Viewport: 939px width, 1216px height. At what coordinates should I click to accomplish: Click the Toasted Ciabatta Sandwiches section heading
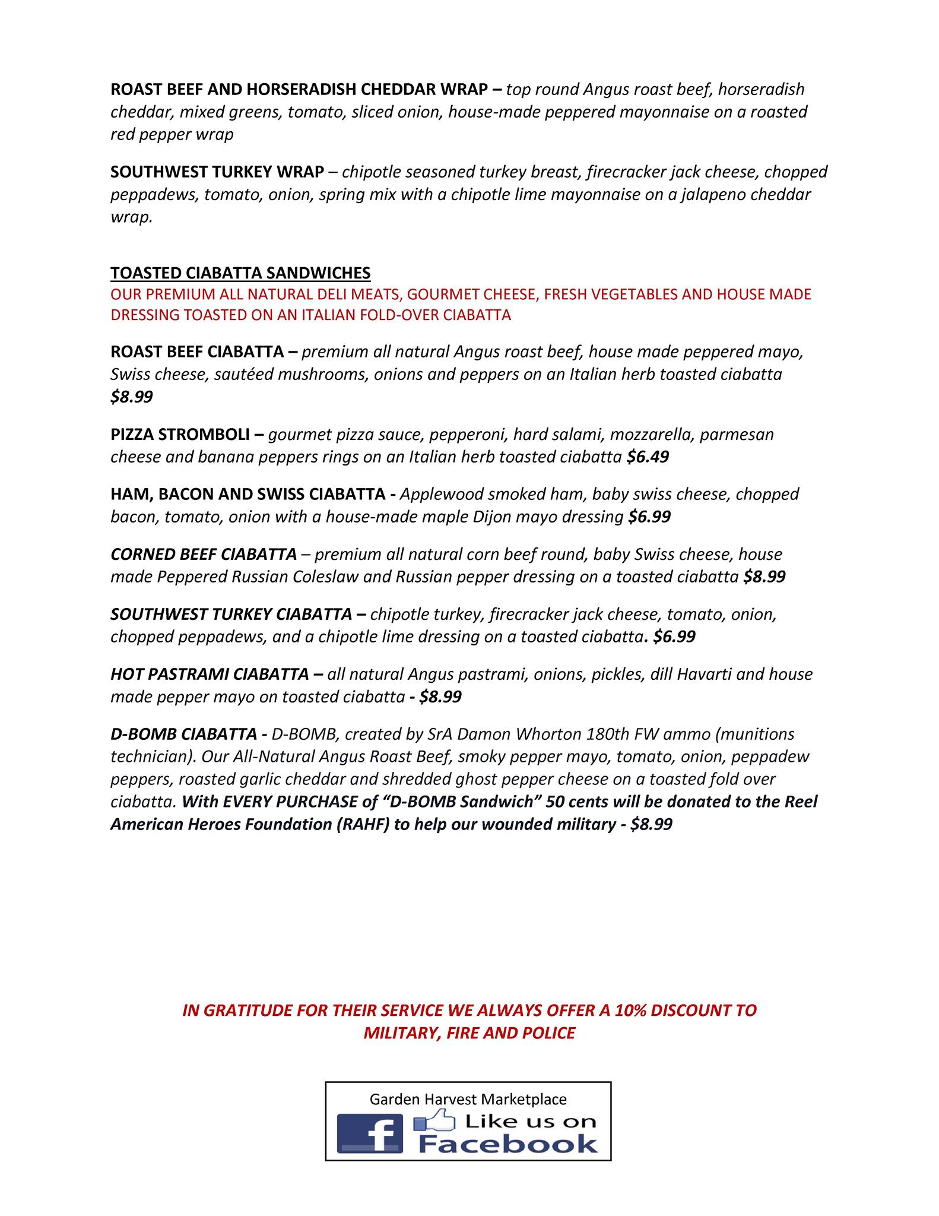[240, 273]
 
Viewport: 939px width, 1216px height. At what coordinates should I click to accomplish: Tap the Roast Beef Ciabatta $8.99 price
[131, 397]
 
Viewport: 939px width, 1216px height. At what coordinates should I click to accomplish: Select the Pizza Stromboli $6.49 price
[648, 457]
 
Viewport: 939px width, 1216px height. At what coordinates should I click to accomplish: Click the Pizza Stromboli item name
[180, 434]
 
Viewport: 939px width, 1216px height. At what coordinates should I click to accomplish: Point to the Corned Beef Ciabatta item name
[204, 554]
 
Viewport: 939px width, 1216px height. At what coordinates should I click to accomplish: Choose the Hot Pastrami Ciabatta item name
[210, 674]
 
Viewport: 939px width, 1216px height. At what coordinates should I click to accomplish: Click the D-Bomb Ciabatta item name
[183, 734]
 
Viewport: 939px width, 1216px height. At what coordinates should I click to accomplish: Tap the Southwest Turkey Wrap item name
[217, 172]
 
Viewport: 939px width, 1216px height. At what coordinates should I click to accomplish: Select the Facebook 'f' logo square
[369, 1133]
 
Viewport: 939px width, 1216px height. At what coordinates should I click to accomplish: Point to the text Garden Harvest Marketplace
[468, 1099]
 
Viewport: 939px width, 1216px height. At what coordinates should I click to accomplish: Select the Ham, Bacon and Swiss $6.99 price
[649, 517]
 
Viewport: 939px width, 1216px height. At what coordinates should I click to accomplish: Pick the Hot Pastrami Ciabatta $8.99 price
[440, 696]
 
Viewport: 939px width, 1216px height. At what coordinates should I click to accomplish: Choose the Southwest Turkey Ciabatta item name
[231, 614]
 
